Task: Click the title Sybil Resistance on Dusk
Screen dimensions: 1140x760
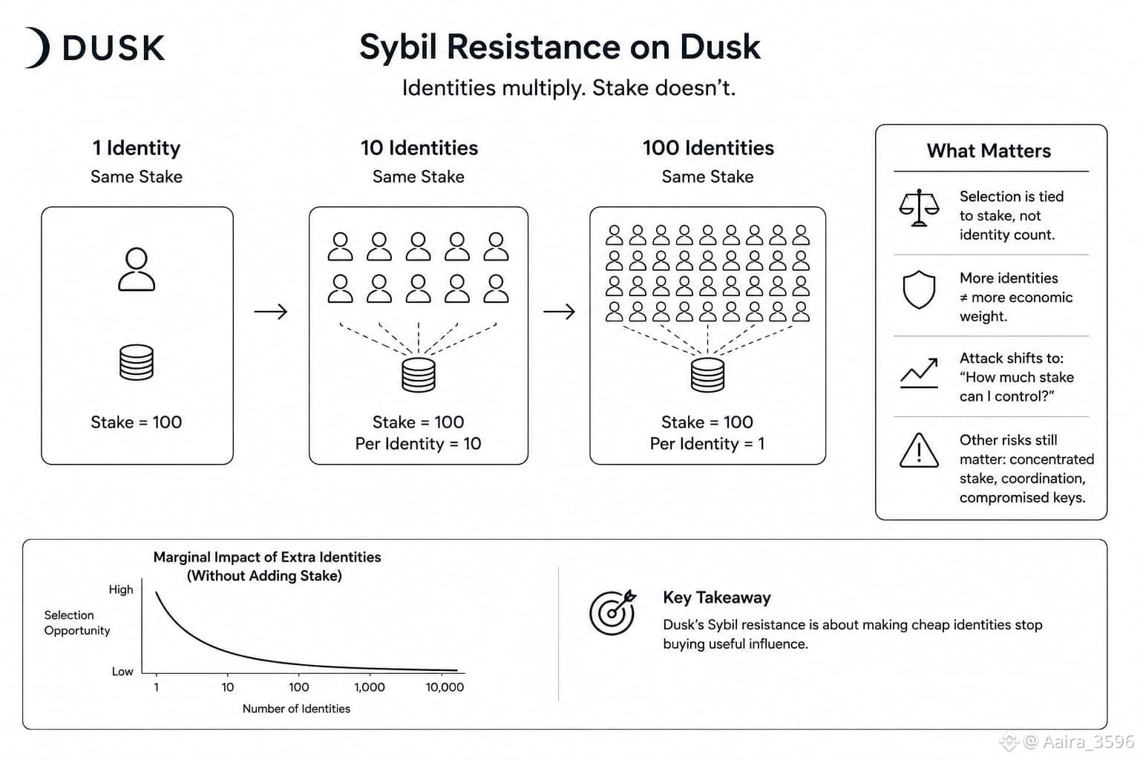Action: pyautogui.click(x=560, y=47)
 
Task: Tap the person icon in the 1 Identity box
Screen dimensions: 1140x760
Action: pyautogui.click(x=137, y=269)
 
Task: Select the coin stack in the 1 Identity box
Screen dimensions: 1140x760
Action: pyautogui.click(x=137, y=362)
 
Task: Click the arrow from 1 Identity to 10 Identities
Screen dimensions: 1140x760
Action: pyautogui.click(x=271, y=312)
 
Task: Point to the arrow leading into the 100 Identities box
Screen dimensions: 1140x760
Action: pyautogui.click(x=560, y=312)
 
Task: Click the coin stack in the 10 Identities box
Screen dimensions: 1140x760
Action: pyautogui.click(x=419, y=375)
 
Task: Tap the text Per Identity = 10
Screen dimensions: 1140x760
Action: pyautogui.click(x=419, y=444)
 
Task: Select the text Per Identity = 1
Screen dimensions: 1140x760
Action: pyautogui.click(x=707, y=444)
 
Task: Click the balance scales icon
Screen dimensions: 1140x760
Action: pyautogui.click(x=919, y=208)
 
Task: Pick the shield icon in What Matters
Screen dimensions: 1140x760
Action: pyautogui.click(x=919, y=289)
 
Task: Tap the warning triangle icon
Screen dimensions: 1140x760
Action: pyautogui.click(x=919, y=451)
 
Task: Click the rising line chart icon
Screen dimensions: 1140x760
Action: pyautogui.click(x=919, y=373)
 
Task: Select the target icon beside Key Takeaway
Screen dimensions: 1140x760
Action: pyautogui.click(x=613, y=612)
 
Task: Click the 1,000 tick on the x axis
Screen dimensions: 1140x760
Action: pyautogui.click(x=370, y=687)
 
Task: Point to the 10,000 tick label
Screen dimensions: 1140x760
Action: pyautogui.click(x=445, y=687)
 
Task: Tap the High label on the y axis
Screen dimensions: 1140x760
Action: pyautogui.click(x=121, y=589)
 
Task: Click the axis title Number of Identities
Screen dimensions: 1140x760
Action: pyautogui.click(x=296, y=709)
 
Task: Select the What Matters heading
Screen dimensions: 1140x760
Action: pyautogui.click(x=989, y=151)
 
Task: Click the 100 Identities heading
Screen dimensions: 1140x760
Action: pyautogui.click(x=708, y=148)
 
